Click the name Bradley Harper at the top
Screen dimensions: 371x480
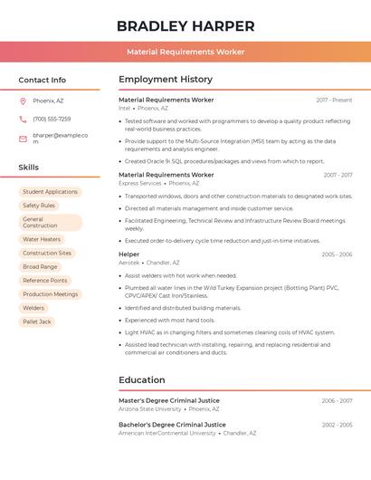pos(185,26)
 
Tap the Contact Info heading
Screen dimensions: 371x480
pos(43,80)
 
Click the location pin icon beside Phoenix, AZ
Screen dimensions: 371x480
pos(23,101)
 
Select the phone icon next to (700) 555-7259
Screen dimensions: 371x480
pos(23,119)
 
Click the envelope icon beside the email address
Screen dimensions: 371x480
pos(23,139)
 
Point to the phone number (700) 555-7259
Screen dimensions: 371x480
pos(52,119)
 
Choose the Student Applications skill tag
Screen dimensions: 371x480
pos(50,192)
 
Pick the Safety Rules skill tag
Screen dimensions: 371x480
pos(39,206)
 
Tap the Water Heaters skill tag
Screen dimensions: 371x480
pos(42,240)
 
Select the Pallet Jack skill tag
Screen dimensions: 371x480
pos(37,322)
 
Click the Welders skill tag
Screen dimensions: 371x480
pos(33,308)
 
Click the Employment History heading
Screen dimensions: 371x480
pos(166,80)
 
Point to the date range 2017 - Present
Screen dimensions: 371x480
pos(334,100)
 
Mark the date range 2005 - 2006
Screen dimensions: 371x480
pos(337,254)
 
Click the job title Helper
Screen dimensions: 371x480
pos(129,254)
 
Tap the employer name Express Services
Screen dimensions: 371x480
pos(139,183)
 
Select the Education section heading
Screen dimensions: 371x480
pos(142,379)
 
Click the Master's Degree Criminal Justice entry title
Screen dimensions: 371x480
pos(172,400)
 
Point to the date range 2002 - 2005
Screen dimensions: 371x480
pos(337,424)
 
